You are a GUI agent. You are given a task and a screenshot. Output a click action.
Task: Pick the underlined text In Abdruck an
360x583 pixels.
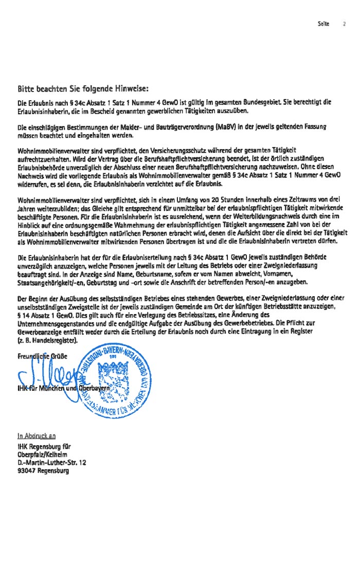tap(37, 436)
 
